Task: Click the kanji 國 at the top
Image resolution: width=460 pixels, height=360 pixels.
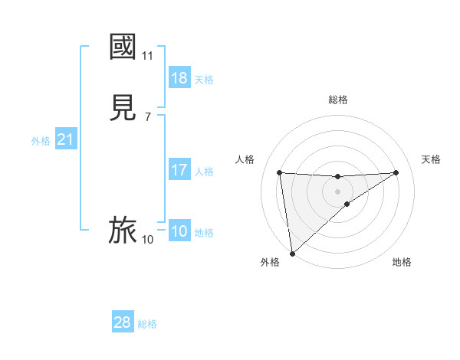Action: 123,46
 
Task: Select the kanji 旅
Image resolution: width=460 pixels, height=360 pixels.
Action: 123,230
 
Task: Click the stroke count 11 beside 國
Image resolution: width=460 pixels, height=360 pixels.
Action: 148,56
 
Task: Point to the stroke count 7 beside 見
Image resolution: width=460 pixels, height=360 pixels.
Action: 147,117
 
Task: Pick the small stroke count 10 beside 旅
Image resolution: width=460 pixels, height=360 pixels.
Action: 147,240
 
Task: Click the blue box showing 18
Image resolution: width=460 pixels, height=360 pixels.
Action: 179,78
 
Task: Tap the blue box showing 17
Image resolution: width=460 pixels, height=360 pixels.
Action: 179,170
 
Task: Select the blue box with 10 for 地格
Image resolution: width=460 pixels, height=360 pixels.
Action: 179,231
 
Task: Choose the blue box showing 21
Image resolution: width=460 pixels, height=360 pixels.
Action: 65,140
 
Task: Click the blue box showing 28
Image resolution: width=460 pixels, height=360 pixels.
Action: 123,322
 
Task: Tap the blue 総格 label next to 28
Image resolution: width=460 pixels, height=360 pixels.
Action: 147,324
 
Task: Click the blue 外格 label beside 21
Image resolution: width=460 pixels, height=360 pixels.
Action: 41,141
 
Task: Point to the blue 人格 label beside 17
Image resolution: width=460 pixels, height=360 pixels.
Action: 205,172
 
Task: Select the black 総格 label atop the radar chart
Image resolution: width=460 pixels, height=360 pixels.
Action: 338,100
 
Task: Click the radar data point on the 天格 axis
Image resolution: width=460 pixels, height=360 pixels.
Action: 396,172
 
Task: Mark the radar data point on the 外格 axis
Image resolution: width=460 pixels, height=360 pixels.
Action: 292,254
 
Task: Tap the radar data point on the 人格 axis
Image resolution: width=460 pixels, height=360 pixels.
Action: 280,172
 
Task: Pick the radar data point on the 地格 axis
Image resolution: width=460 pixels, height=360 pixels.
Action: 347,204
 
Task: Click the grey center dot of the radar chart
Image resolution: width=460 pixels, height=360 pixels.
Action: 338,191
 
